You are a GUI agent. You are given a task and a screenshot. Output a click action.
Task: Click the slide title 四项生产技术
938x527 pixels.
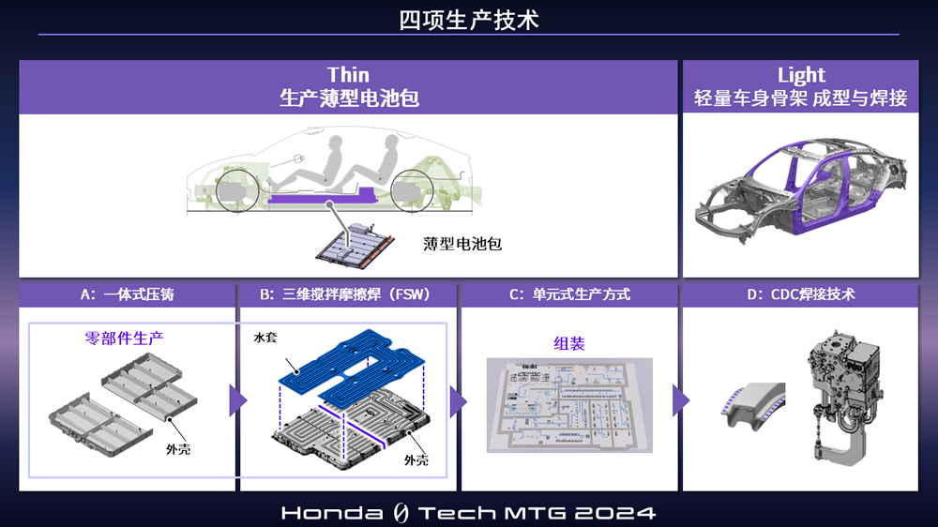468,20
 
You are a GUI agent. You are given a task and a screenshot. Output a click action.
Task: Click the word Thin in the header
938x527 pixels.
348,75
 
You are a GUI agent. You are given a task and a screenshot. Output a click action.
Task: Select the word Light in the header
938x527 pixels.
801,75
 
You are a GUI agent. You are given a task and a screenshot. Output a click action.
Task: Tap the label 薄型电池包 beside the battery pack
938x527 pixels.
461,244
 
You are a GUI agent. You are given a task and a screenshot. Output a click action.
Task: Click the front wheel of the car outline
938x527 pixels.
237,190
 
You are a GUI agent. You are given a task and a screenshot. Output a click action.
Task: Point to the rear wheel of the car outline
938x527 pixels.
412,190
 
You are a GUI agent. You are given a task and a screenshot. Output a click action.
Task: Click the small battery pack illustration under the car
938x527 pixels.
356,244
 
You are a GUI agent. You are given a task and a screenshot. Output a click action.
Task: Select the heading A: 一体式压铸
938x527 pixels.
127,294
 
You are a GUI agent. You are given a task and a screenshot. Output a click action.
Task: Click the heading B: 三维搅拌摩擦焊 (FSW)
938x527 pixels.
344,294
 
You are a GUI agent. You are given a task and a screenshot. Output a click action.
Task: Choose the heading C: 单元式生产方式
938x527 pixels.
569,294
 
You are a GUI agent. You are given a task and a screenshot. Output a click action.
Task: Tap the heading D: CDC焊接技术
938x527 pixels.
801,294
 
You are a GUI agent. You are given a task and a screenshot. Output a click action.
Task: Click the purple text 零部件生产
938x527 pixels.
124,338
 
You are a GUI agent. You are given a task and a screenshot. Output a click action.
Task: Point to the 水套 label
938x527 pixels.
265,338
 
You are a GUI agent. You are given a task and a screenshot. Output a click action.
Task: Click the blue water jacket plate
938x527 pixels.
352,368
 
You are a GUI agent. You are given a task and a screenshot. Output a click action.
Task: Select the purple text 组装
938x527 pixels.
569,343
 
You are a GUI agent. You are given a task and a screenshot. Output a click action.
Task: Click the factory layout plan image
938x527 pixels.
569,406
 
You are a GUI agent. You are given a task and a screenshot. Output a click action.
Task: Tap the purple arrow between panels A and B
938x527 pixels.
237,400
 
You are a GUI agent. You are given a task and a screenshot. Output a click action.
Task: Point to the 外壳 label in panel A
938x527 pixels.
178,448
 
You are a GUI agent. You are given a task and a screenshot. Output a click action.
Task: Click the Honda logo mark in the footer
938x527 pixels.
401,513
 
